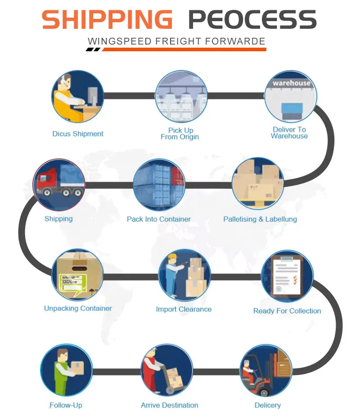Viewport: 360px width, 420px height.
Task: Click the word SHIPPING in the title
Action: [x=107, y=20]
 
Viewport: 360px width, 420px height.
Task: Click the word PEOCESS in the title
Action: [x=252, y=20]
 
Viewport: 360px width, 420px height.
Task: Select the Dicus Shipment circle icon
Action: [x=77, y=97]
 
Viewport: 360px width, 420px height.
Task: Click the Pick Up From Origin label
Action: [x=180, y=134]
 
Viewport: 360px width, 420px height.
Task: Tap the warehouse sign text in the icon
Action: [x=291, y=83]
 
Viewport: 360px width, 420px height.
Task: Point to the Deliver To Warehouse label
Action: [x=289, y=133]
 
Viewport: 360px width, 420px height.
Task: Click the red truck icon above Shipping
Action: [x=59, y=184]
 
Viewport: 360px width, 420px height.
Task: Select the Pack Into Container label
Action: [x=158, y=219]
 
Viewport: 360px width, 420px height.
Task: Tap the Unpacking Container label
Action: [x=78, y=308]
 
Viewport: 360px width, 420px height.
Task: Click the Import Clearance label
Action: [x=184, y=309]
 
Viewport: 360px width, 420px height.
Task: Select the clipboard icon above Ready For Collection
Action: [x=287, y=276]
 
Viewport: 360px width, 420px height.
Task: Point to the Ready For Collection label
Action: [x=287, y=311]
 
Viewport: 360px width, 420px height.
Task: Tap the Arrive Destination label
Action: [x=169, y=405]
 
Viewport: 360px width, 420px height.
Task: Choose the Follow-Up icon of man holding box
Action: [x=66, y=370]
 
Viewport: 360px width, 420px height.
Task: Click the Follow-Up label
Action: [x=66, y=405]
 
